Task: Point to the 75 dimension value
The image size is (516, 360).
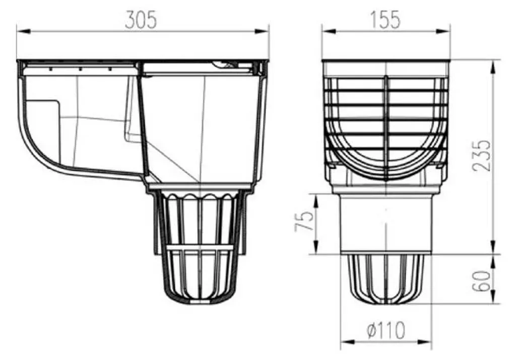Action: pyautogui.click(x=303, y=221)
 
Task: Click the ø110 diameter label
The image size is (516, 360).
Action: pyautogui.click(x=385, y=330)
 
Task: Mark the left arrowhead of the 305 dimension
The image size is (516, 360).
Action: pyautogui.click(x=24, y=31)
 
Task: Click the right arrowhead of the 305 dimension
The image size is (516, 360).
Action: pyautogui.click(x=262, y=31)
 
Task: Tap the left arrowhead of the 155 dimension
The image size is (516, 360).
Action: pyautogui.click(x=329, y=31)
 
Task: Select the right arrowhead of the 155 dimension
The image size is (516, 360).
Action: pyautogui.click(x=442, y=31)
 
